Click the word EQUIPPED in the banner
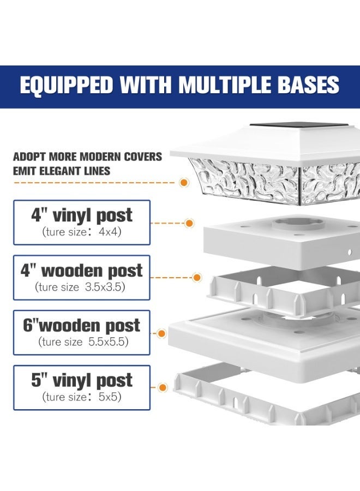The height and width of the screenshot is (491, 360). (67, 85)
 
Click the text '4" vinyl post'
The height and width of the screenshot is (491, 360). (82, 215)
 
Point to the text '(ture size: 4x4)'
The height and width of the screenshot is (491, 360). (82, 232)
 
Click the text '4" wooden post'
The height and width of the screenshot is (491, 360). (82, 271)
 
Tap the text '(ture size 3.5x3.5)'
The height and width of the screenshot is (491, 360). (80, 287)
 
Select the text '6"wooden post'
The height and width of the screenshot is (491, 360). (82, 325)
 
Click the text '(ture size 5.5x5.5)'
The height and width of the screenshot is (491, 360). (83, 342)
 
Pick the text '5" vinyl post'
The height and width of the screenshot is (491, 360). (82, 380)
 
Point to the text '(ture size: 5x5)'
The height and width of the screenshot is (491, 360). (82, 397)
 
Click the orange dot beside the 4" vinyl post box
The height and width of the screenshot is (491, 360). (189, 223)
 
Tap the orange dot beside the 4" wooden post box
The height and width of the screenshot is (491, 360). (197, 278)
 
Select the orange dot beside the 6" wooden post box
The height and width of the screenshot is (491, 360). (161, 333)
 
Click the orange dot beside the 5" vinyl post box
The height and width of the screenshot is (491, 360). (162, 388)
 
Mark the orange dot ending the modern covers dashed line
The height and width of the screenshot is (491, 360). (184, 182)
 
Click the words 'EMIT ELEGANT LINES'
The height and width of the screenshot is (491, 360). (62, 171)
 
